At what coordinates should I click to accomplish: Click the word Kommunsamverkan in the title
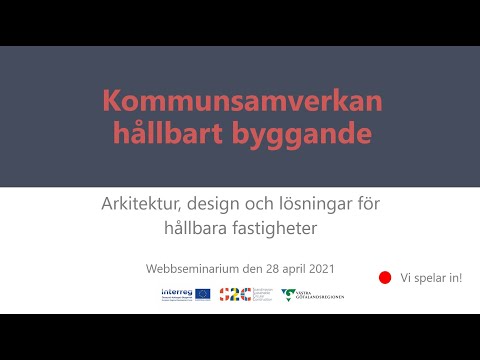click(x=241, y=101)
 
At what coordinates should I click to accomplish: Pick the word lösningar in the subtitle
click(x=308, y=205)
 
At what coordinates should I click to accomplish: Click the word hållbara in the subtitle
click(x=199, y=228)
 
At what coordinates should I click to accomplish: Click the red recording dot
click(x=383, y=277)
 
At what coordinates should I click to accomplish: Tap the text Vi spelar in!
click(x=431, y=277)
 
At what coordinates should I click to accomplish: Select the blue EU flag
click(x=203, y=294)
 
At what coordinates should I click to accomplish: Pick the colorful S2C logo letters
click(x=231, y=294)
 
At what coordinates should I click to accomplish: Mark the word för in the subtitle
click(x=367, y=205)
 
